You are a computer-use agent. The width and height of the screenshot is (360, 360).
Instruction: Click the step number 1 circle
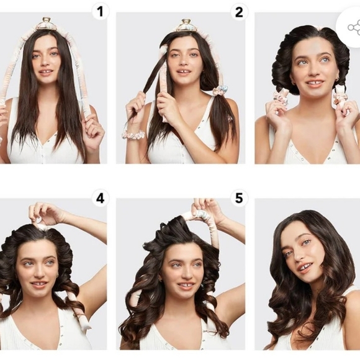click(x=100, y=11)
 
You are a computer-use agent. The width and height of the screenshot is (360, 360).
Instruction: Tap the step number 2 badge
click(x=239, y=11)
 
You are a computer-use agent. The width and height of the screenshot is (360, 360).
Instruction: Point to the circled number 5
click(x=239, y=199)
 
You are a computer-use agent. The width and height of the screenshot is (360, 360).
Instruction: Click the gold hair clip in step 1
click(x=47, y=24)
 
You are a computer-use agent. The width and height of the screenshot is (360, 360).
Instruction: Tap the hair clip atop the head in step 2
click(x=186, y=25)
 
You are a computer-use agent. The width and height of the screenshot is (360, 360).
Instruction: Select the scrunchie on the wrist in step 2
click(x=133, y=134)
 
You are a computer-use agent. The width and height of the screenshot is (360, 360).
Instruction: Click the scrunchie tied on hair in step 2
click(x=220, y=91)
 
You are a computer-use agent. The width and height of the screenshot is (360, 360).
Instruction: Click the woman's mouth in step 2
click(x=184, y=73)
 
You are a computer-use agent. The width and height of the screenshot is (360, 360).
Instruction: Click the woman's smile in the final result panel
click(x=305, y=268)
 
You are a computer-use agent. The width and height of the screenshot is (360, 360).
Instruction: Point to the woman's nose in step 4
click(x=39, y=274)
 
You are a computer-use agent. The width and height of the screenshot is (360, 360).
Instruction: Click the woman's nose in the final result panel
click(x=299, y=256)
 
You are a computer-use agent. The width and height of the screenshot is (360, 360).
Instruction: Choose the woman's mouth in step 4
click(x=38, y=285)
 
